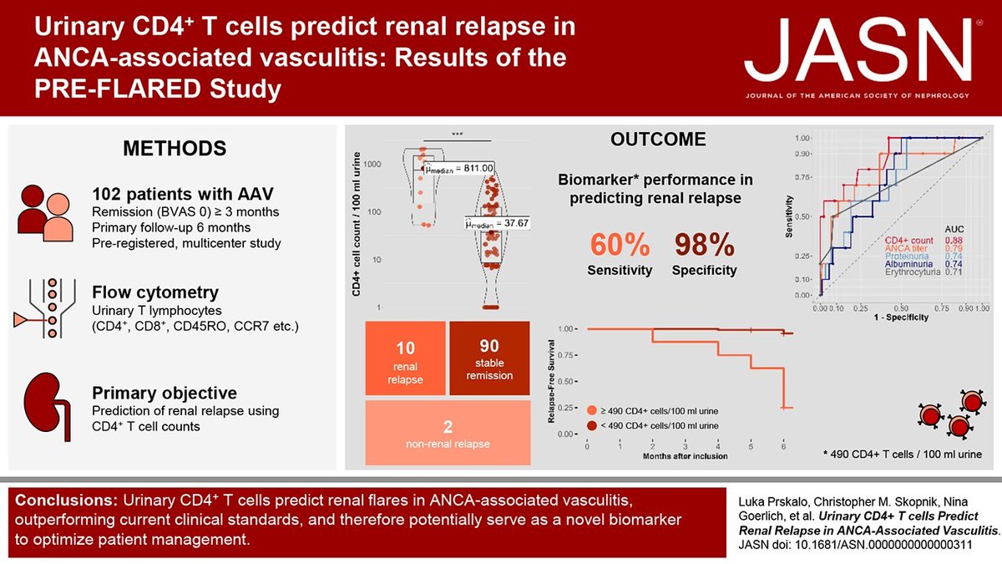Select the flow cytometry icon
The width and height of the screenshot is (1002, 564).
point(45,302)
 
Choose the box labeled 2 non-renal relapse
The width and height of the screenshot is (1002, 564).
point(447,432)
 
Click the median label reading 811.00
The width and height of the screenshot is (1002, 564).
point(458,169)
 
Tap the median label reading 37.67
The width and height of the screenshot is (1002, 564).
point(498,223)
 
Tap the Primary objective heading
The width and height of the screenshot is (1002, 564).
point(166,394)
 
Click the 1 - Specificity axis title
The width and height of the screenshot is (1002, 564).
point(899,319)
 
